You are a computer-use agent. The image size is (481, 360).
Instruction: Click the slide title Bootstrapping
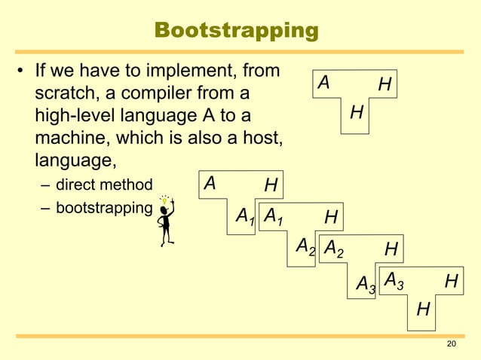pyautogui.click(x=236, y=31)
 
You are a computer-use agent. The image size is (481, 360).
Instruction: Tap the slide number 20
pyautogui.click(x=452, y=344)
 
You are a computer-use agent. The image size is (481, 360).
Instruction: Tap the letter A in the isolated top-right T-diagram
pyautogui.click(x=324, y=82)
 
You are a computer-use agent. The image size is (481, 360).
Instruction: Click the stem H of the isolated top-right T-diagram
pyautogui.click(x=357, y=113)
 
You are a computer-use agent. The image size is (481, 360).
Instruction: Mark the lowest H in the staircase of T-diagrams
pyautogui.click(x=423, y=309)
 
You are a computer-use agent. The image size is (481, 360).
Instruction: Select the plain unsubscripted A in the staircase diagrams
pyautogui.click(x=210, y=183)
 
